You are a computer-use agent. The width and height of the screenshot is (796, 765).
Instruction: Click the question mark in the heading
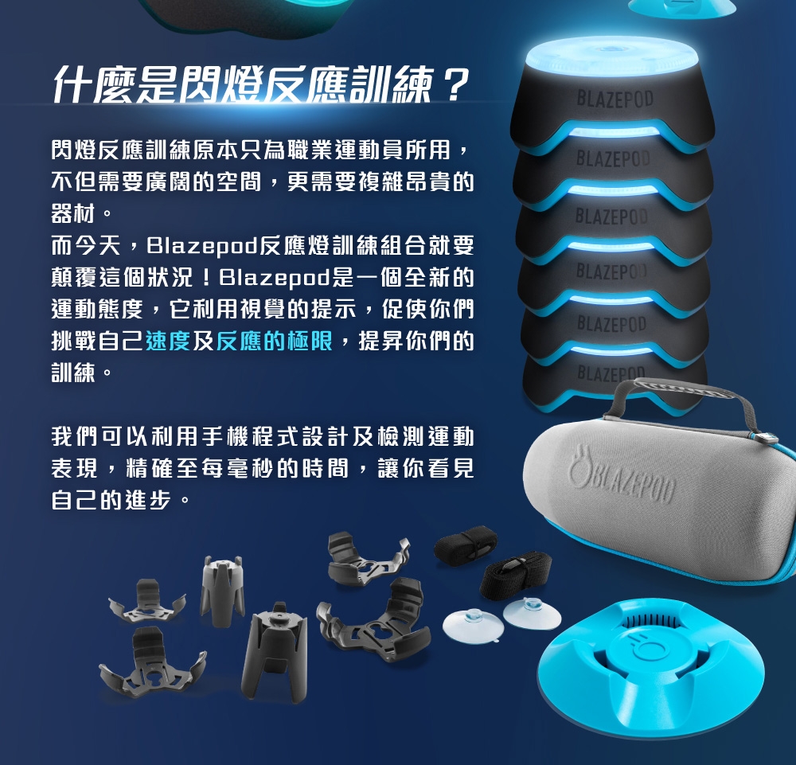[453, 84]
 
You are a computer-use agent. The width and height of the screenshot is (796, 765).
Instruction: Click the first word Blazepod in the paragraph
[202, 246]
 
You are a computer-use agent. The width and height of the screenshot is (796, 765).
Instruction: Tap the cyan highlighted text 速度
[168, 342]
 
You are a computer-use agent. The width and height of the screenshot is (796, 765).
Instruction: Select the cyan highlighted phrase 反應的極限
[274, 342]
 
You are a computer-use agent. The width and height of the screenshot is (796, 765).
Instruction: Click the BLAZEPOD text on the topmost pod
[615, 99]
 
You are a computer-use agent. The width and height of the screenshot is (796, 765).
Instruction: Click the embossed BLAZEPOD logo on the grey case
[623, 475]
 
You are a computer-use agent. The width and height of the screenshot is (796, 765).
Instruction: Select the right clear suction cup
[532, 612]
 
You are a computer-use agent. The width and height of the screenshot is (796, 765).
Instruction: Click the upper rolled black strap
[465, 544]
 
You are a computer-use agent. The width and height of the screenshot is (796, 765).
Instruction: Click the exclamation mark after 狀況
[205, 278]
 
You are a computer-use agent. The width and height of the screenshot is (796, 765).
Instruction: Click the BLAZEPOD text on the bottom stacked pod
[611, 374]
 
